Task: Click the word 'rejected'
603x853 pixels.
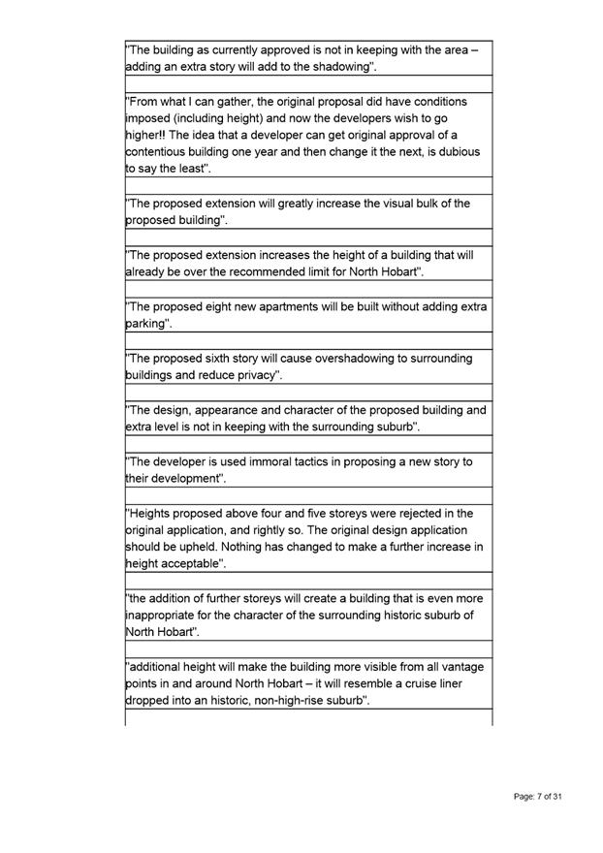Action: click(x=419, y=513)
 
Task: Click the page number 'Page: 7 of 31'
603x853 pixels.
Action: click(x=538, y=796)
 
